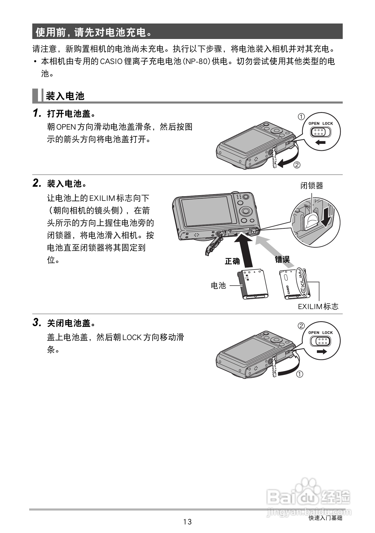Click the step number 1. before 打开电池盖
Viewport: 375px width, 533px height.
pos(37,113)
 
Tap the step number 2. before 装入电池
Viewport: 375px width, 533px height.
pos(37,183)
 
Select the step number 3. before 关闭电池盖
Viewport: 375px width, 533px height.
pos(37,323)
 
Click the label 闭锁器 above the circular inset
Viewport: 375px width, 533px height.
pos(311,186)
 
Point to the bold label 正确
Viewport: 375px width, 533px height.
pos(232,261)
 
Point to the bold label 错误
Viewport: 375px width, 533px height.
pos(282,259)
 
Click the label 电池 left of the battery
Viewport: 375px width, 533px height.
pos(218,285)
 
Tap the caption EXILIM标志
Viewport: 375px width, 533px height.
pos(318,307)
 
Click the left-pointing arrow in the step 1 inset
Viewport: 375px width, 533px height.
pos(320,142)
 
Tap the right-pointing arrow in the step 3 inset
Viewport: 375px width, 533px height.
pos(322,351)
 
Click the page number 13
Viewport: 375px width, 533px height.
pos(187,522)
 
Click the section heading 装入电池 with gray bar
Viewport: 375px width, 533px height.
pos(65,96)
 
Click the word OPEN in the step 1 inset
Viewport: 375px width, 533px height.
pos(314,123)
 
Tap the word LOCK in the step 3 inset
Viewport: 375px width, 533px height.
pos(327,333)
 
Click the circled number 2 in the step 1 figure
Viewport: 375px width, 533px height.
pos(297,165)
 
